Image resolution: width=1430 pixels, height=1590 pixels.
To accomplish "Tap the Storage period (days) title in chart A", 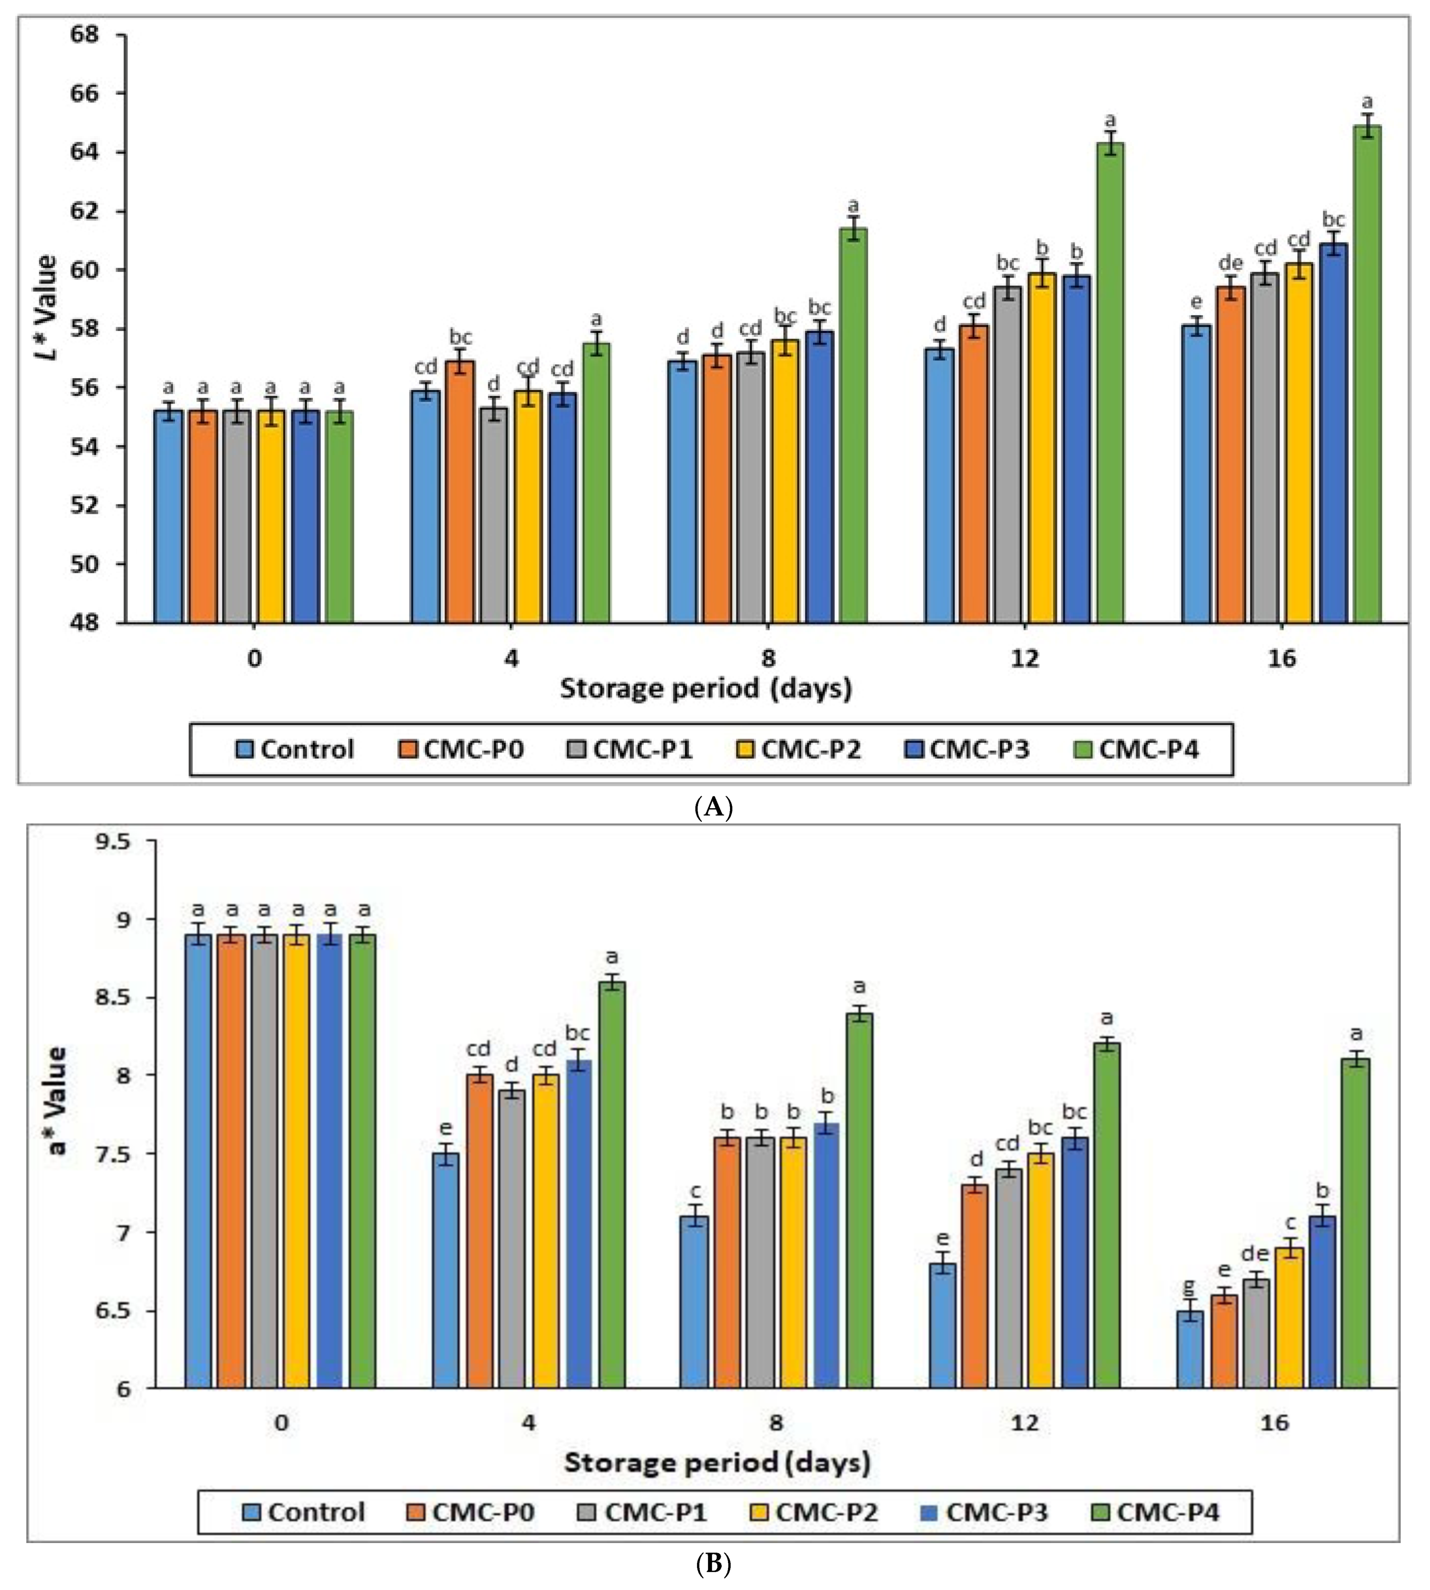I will point(705,689).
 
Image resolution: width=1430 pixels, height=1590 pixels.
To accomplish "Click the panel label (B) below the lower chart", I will point(713,1563).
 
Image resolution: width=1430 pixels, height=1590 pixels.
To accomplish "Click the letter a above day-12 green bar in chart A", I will point(1110,120).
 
